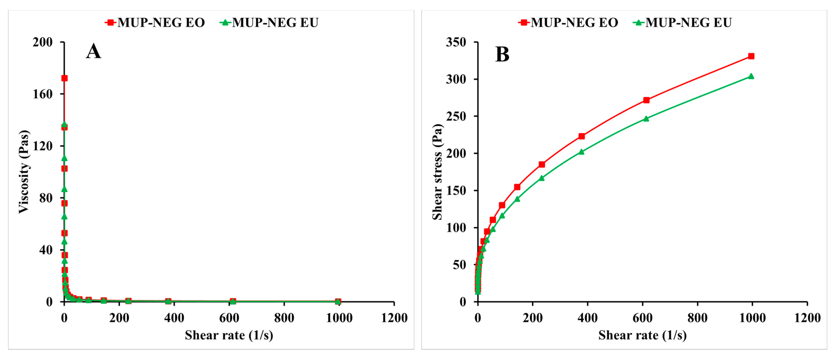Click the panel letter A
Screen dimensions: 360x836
pos(93,51)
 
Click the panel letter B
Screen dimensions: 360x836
pos(502,54)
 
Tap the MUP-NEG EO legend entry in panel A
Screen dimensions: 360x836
pos(155,22)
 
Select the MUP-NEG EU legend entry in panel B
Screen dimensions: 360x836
pos(683,22)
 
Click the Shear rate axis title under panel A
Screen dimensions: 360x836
pos(229,335)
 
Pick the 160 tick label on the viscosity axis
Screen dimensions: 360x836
pos(43,94)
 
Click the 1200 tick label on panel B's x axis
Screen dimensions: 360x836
pos(807,318)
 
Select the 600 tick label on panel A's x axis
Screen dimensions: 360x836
pos(229,318)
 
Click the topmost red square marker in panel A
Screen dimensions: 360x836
pos(64,78)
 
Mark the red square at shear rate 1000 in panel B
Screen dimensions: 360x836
pos(751,56)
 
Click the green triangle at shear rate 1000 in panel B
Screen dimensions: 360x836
pos(751,76)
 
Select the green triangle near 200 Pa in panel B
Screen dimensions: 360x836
pos(581,152)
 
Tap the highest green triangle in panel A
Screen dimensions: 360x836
pos(64,124)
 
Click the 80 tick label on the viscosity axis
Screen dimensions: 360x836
pos(46,198)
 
